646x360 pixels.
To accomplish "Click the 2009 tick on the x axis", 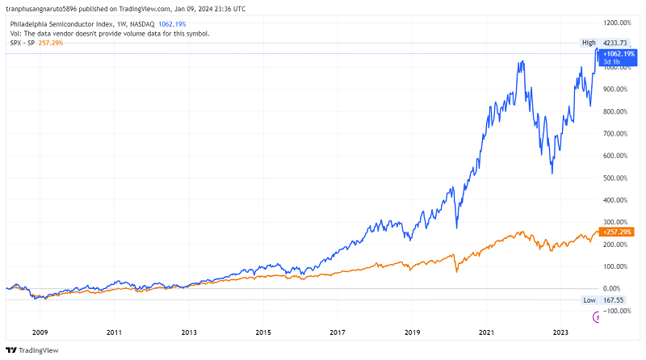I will (40, 332).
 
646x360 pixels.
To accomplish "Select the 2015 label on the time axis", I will (263, 332).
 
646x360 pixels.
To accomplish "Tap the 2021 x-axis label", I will (487, 332).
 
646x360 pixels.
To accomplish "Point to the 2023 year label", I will (561, 332).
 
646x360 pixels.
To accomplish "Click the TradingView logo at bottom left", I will (28, 350).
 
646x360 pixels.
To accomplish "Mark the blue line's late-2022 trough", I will (552, 172).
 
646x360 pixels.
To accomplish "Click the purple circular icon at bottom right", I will (598, 317).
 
